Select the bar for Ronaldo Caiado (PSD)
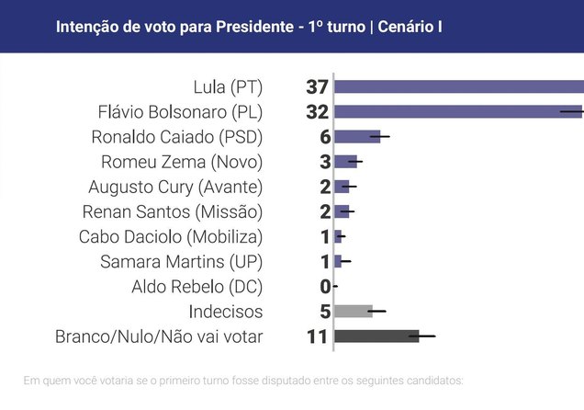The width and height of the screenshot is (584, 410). tap(356, 137)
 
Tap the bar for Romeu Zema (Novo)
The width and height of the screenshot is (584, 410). tap(345, 162)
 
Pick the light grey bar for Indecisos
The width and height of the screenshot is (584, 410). tap(354, 311)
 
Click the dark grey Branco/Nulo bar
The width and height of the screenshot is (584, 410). tap(376, 336)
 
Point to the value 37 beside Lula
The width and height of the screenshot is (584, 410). tap(318, 87)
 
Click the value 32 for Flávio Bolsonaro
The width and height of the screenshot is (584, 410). tap(318, 112)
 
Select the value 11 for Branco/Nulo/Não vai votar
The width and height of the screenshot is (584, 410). tap(318, 336)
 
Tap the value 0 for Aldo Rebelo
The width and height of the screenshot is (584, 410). tap(324, 287)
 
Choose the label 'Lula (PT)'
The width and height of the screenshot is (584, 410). tap(228, 87)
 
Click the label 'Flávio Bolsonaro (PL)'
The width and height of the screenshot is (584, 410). tap(180, 112)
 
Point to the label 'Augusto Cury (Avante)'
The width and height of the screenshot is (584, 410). tap(175, 187)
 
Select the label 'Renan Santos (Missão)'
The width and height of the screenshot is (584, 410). tap(174, 211)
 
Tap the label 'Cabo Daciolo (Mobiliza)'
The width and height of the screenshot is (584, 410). tap(172, 236)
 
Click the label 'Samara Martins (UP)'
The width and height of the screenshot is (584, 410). tap(182, 262)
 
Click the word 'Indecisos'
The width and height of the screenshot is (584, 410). tap(226, 312)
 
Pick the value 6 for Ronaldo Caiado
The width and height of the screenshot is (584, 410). tap(324, 137)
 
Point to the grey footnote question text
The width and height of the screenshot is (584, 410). tap(244, 380)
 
